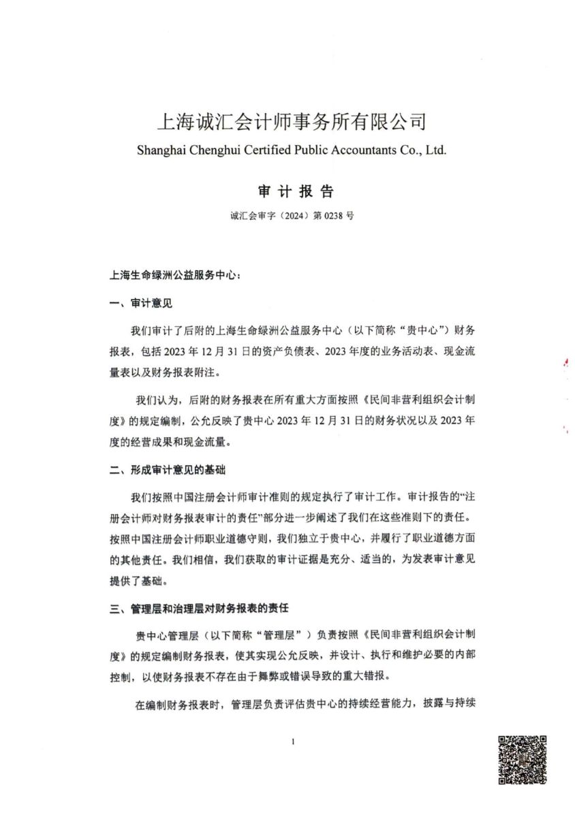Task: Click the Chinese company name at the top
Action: (x=292, y=123)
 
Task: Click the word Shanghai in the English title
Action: (x=161, y=150)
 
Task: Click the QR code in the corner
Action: (x=523, y=758)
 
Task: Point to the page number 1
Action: (x=292, y=741)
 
